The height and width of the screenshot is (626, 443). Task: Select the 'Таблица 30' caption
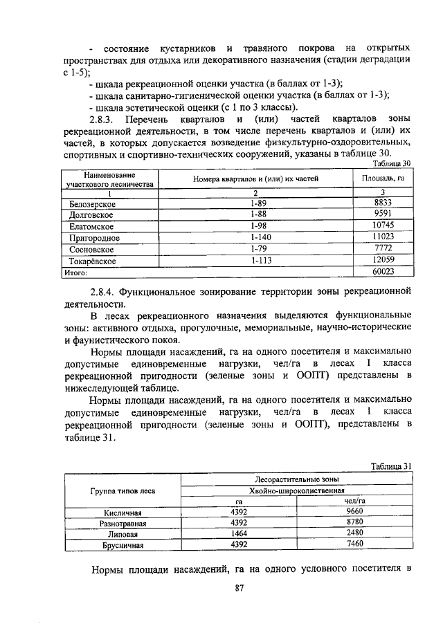(x=392, y=163)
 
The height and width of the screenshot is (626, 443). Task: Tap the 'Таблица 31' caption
(x=392, y=466)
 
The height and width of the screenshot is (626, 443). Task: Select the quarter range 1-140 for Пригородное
(x=260, y=237)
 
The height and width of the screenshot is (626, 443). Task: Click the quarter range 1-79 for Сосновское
(x=260, y=248)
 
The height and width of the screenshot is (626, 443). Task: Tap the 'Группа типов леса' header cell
(x=123, y=490)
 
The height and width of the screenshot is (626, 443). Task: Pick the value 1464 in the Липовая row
(x=238, y=534)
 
